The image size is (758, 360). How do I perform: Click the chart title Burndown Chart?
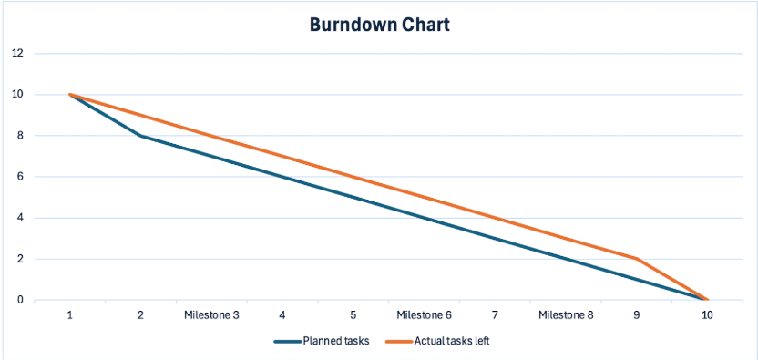coord(378,25)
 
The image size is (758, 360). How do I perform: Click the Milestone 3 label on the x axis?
coord(211,314)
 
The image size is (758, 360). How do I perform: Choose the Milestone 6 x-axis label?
coord(424,314)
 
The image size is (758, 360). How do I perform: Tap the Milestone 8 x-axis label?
coord(565,314)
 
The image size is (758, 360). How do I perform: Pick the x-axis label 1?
coord(70,314)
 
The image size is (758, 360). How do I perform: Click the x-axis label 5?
coord(353,314)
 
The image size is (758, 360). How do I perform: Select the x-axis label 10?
coord(707,314)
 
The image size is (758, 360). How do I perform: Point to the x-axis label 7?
coord(495,314)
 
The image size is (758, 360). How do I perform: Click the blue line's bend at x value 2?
coord(141,136)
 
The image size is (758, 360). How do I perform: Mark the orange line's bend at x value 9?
coord(636,259)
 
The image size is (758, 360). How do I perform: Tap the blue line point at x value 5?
coord(353,197)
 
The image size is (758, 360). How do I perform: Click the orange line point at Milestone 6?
coord(424,197)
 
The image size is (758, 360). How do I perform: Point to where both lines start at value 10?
coord(70,95)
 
